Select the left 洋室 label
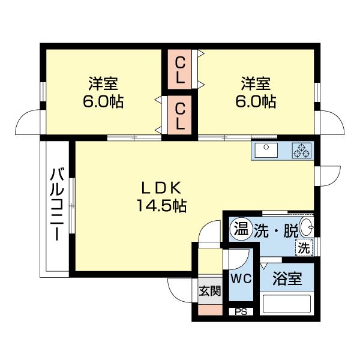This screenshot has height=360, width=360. point(103,83)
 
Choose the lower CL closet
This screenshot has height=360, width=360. point(179,116)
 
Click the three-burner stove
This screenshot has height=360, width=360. point(301,151)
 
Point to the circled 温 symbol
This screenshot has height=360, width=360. point(241,229)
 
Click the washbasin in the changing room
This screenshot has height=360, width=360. point(306,227)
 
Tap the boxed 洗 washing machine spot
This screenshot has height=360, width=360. point(304,247)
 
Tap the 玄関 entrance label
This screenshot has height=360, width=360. point(209,291)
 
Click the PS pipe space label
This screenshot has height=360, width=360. point(241,311)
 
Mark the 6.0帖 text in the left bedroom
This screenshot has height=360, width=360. point(103,101)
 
